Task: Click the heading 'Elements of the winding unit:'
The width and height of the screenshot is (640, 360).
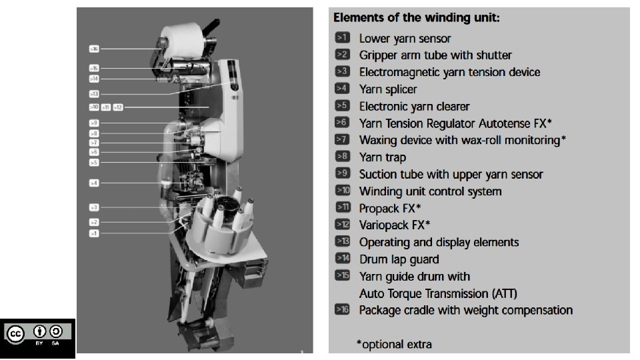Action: pyautogui.click(x=417, y=17)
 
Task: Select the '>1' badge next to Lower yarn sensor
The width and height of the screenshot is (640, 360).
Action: pyautogui.click(x=342, y=39)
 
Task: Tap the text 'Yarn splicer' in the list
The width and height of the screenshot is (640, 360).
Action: pyautogui.click(x=388, y=89)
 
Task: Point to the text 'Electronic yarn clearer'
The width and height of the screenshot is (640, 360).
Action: pyautogui.click(x=414, y=107)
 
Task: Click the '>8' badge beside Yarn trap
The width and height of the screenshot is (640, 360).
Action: pyautogui.click(x=342, y=157)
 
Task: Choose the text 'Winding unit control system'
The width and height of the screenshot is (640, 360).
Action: pyautogui.click(x=430, y=191)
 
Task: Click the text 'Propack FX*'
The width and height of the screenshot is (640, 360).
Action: pyautogui.click(x=390, y=209)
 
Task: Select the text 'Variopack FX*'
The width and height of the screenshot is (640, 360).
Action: pyautogui.click(x=395, y=225)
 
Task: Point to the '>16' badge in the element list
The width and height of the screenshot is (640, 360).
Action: pyautogui.click(x=342, y=310)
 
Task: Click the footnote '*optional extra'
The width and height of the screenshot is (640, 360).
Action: pyautogui.click(x=394, y=345)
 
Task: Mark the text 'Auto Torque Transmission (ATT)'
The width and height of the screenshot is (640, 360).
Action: pyautogui.click(x=438, y=293)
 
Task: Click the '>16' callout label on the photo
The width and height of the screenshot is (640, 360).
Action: pyautogui.click(x=94, y=49)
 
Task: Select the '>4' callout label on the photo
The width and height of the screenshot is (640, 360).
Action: pyautogui.click(x=94, y=183)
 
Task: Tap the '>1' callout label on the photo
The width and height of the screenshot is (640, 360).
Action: pyautogui.click(x=94, y=233)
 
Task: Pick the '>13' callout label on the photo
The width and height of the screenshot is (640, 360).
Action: pyautogui.click(x=94, y=94)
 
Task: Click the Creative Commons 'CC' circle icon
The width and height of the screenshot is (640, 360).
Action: pyautogui.click(x=15, y=333)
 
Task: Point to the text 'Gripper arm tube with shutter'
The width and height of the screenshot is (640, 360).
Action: pyautogui.click(x=435, y=55)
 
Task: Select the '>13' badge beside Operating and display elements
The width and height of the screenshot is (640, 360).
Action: pyautogui.click(x=342, y=242)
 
